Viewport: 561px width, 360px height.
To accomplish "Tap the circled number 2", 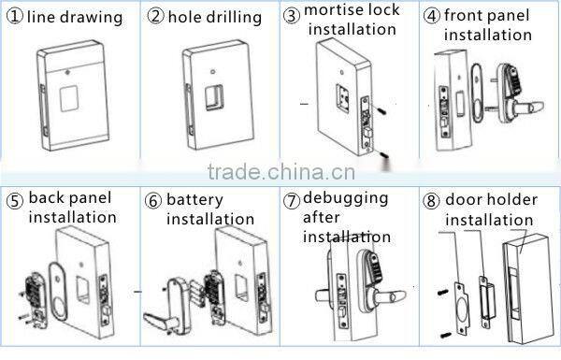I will (156, 17).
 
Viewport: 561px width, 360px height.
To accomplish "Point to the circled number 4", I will (432, 16).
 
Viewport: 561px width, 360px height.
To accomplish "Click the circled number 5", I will (14, 199).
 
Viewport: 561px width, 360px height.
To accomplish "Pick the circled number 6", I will (152, 200).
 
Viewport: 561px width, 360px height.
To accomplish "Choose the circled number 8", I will (432, 199).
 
